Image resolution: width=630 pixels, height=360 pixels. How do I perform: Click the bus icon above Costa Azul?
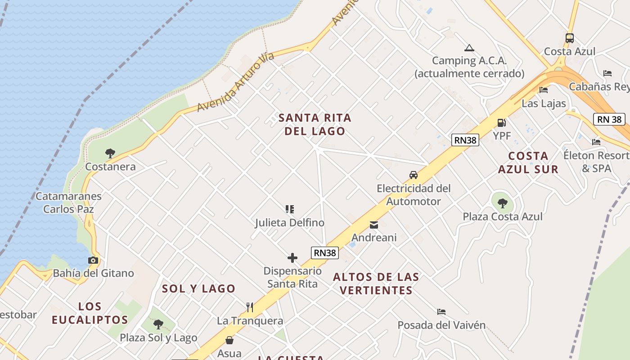click(569, 38)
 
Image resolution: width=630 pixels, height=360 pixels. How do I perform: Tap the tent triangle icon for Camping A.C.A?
click(469, 48)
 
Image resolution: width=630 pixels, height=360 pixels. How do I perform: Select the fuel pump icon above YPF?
click(501, 122)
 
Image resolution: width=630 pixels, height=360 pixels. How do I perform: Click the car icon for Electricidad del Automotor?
click(413, 175)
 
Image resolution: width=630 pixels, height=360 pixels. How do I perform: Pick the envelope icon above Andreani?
click(373, 225)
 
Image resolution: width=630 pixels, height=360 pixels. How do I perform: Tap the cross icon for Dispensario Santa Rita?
click(292, 258)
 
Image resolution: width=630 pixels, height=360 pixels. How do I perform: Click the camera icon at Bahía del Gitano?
click(93, 260)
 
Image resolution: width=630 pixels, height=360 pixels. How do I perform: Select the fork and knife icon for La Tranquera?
click(250, 307)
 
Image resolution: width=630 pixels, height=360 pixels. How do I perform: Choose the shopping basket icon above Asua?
click(229, 340)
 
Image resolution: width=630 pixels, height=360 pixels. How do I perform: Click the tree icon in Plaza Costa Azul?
click(503, 203)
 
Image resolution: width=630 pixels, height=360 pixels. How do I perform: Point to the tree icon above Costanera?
click(110, 153)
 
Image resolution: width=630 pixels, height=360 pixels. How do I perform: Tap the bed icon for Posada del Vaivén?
click(441, 311)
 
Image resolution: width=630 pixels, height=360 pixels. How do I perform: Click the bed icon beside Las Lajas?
click(544, 90)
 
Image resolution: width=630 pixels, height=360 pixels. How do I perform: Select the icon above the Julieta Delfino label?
click(290, 209)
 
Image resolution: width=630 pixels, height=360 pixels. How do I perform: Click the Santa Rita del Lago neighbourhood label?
click(315, 124)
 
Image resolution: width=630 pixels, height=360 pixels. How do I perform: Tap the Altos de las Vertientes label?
click(376, 283)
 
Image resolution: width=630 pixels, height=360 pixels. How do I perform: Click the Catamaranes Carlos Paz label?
click(68, 202)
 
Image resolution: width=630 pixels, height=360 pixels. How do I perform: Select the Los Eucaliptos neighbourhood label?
click(90, 313)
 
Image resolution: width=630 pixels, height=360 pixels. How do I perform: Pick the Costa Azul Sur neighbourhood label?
click(528, 162)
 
